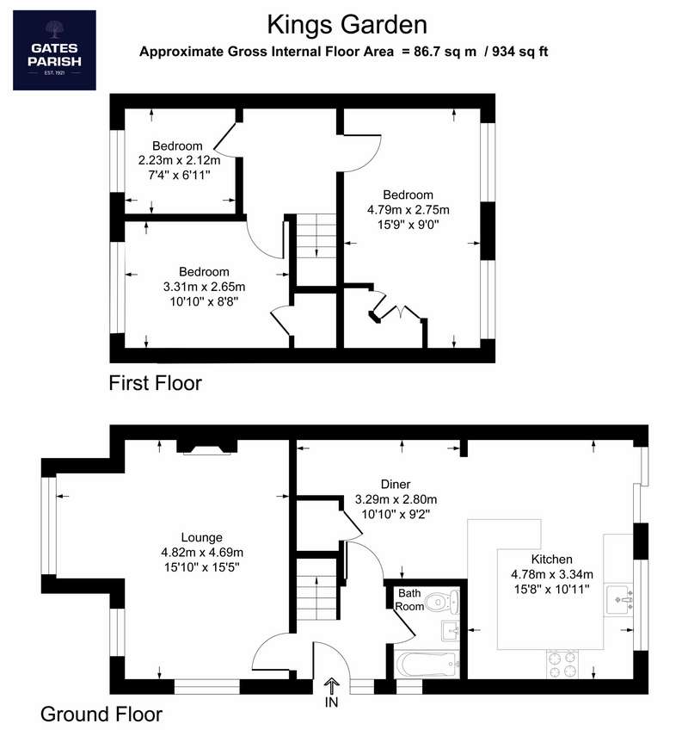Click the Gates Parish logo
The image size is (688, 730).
54,50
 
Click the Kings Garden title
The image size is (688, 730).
347,25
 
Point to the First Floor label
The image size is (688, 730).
156,383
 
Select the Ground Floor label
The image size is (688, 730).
101,715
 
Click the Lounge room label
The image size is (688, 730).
202,537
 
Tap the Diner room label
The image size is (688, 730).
396,484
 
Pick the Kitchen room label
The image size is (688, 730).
552,560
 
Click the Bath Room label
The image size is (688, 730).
409,600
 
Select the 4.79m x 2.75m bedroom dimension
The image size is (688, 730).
408,210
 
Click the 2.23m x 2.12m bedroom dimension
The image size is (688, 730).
179,161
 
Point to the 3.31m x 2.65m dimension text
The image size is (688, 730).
204,287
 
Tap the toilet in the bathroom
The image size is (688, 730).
443,603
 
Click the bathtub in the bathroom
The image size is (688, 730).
427,665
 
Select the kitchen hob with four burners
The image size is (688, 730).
562,665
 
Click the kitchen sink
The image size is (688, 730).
619,600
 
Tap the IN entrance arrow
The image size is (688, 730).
332,686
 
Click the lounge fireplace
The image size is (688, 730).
207,447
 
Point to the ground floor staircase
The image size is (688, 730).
316,590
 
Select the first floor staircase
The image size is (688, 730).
316,236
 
